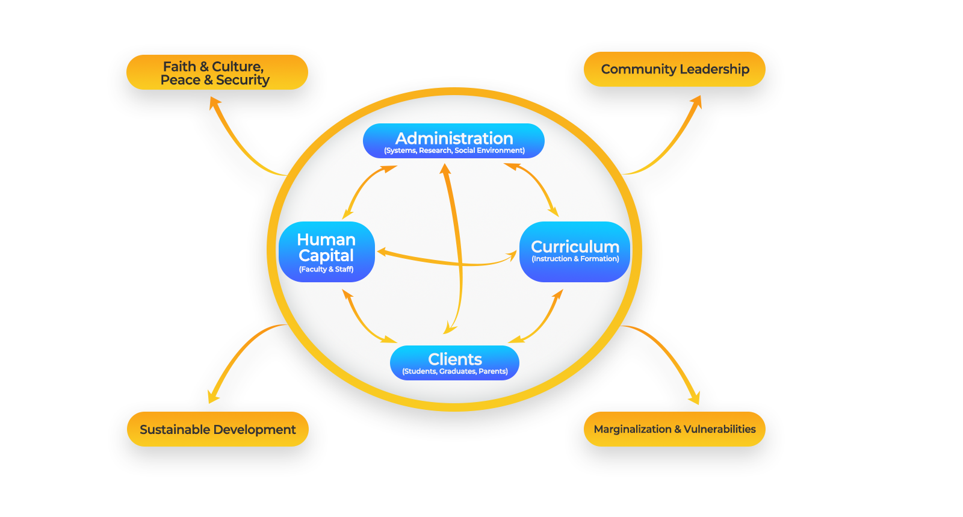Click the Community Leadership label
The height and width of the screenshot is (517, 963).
[675, 69]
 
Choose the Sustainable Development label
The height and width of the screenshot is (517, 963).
[217, 429]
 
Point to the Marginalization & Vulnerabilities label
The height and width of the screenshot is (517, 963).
[674, 429]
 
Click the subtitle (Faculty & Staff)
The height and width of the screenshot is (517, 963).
[326, 269]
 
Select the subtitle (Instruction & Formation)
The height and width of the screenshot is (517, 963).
[575, 259]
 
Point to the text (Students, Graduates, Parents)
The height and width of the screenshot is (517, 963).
[454, 371]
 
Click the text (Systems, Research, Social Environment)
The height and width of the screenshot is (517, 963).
[454, 150]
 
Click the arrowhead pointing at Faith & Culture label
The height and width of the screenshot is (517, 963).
[213, 102]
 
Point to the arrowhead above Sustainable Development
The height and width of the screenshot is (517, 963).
[212, 397]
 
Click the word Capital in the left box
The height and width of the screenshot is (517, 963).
[326, 256]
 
